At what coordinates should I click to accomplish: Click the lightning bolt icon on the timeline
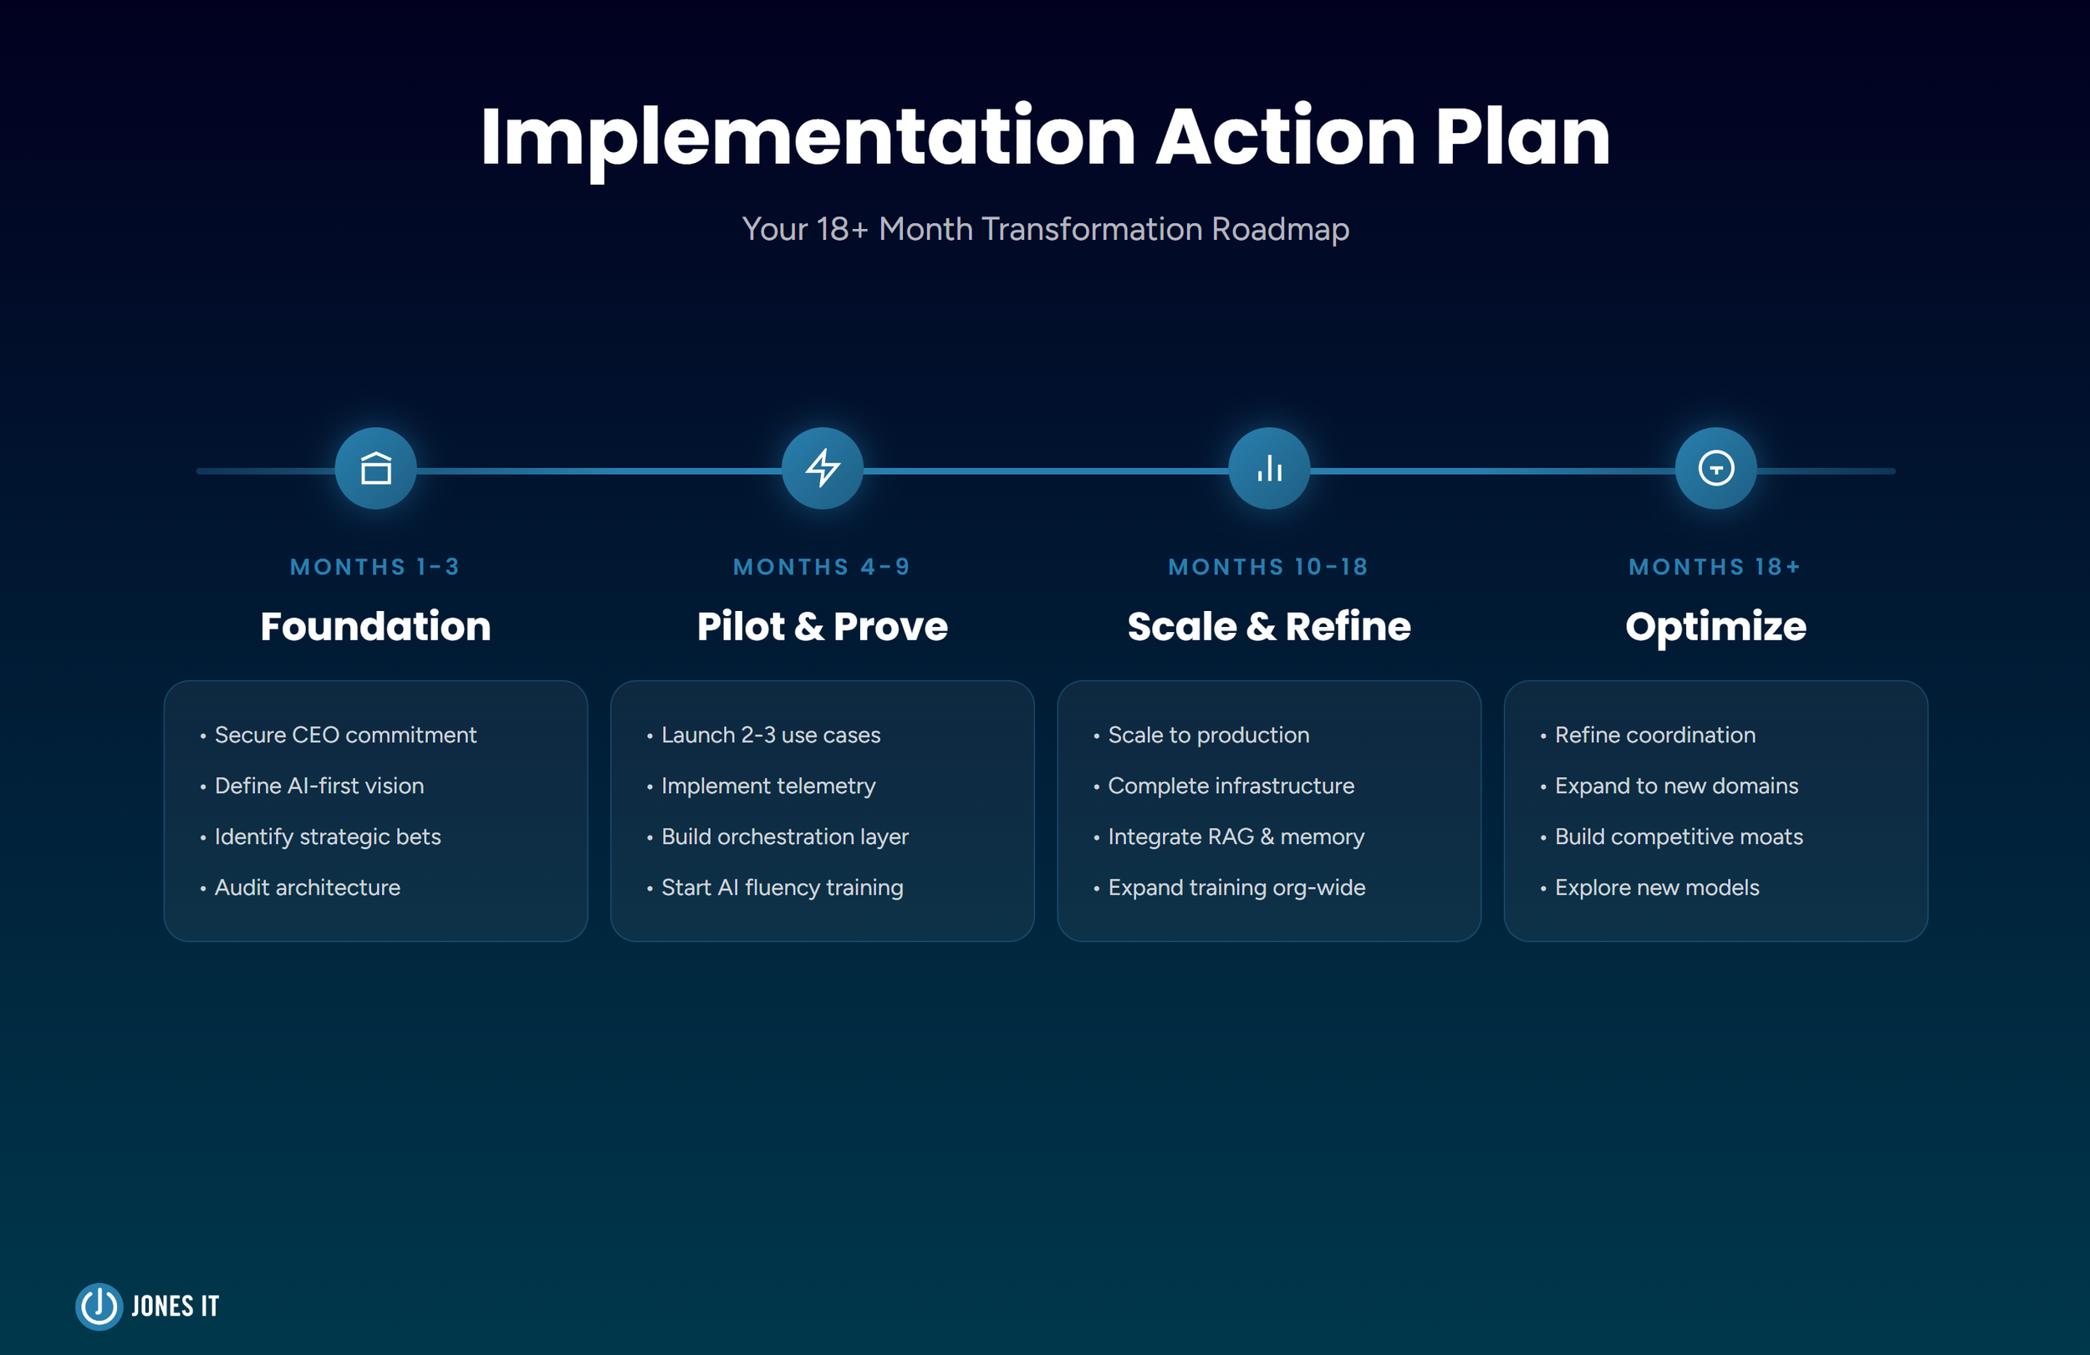823,468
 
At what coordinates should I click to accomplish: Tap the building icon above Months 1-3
376,468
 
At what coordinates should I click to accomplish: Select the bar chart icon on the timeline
1269,468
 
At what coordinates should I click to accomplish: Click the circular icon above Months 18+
1716,468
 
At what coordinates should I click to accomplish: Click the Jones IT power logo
99,1306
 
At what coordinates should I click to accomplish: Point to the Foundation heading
376,626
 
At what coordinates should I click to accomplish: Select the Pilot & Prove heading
823,626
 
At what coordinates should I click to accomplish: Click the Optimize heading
1716,626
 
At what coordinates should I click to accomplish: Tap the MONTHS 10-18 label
1269,568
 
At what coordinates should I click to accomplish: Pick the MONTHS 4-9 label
823,568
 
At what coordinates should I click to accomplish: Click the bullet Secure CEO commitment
345,735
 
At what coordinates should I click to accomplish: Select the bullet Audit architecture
308,888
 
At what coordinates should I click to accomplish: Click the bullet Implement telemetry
768,786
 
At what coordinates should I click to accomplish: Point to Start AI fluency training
782,888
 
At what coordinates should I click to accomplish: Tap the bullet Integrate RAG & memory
1236,837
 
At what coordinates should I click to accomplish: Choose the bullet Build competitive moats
1678,837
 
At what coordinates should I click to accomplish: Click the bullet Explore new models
1656,888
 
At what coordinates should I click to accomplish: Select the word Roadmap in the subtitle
1279,229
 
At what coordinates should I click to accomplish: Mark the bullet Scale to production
1208,735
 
